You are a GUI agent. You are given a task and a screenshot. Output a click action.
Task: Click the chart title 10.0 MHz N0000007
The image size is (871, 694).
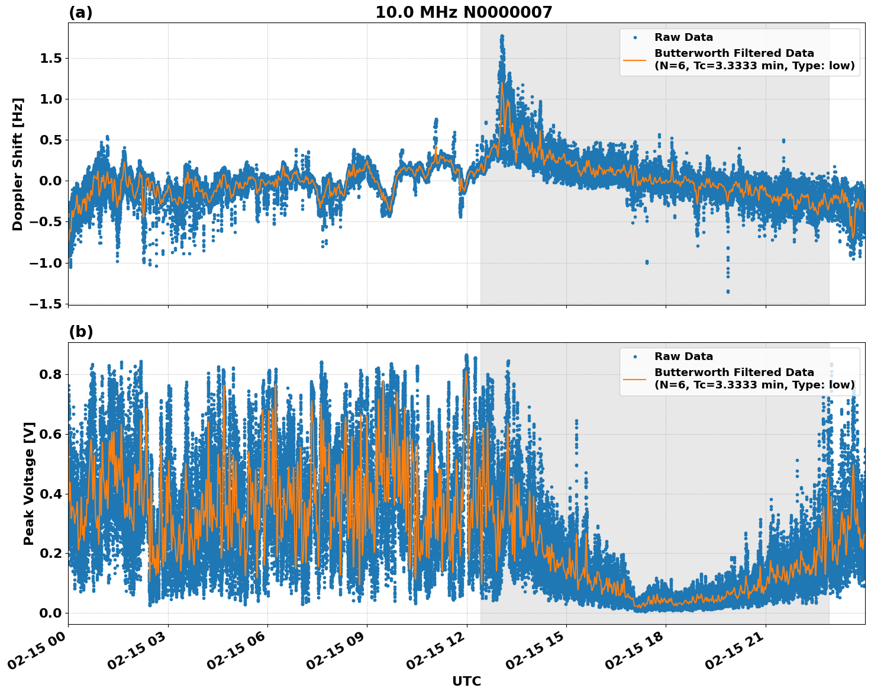tap(463, 12)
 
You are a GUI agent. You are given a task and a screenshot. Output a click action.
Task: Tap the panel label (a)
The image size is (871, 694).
tap(80, 12)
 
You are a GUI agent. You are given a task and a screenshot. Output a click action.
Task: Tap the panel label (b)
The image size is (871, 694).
tap(80, 332)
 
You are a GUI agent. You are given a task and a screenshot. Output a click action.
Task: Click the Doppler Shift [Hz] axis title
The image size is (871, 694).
tap(18, 164)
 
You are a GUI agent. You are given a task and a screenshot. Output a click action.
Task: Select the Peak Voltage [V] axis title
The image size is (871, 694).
tap(29, 483)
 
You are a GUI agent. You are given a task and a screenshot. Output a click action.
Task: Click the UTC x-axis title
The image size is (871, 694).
tap(466, 681)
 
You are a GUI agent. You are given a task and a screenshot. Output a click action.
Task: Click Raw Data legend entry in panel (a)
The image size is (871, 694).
tap(683, 37)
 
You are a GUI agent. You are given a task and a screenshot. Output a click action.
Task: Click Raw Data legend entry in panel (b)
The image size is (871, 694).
tap(683, 356)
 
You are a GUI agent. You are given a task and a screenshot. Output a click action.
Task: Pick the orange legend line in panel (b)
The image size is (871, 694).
tap(634, 379)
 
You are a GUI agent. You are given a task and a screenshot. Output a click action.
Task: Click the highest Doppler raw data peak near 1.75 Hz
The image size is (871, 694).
tap(502, 37)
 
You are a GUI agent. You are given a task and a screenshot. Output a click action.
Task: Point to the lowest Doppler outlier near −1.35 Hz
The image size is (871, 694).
tap(728, 291)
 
